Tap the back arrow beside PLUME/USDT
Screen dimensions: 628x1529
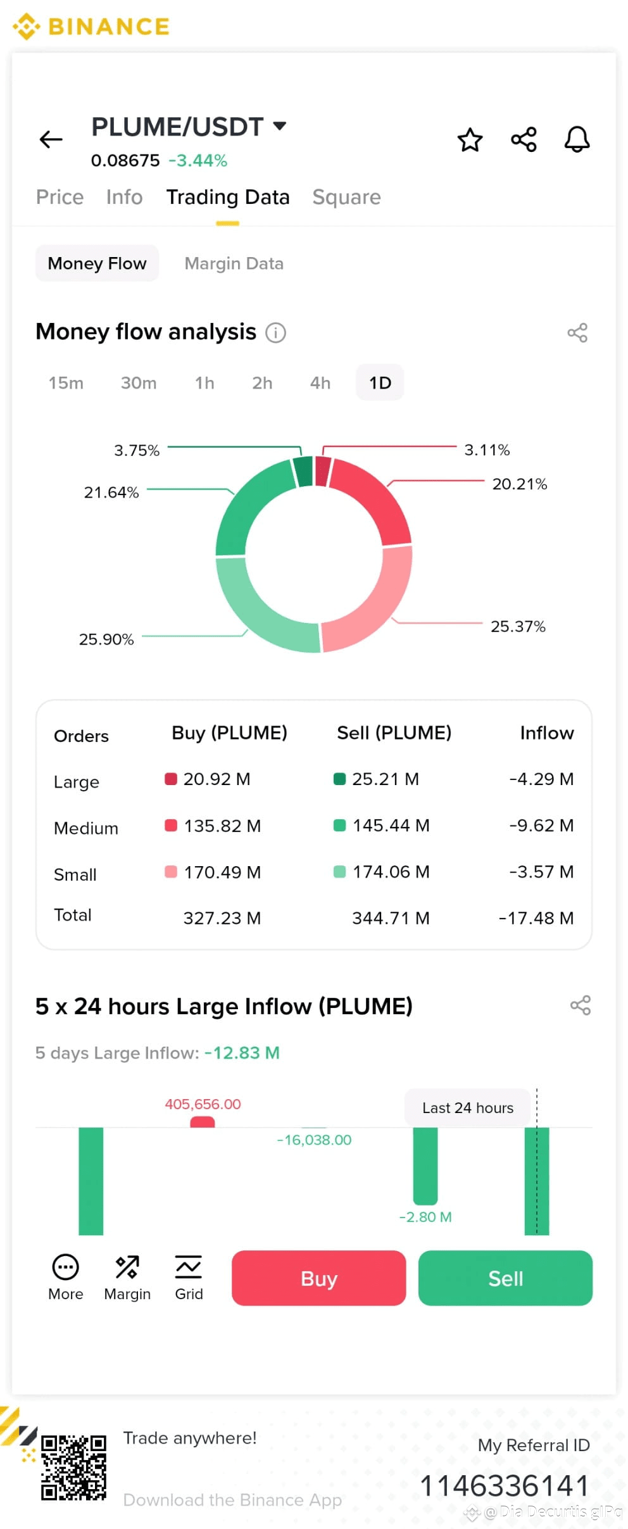[x=51, y=139]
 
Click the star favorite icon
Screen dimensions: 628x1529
[x=470, y=139]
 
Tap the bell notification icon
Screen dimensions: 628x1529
[x=577, y=139]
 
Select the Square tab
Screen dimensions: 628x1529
[x=346, y=197]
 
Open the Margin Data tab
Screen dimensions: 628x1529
[x=234, y=263]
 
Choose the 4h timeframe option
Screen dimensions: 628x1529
[x=320, y=383]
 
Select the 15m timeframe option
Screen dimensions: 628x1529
[x=66, y=383]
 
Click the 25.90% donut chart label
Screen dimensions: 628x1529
[x=106, y=639]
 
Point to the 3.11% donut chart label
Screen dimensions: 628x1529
[x=487, y=450]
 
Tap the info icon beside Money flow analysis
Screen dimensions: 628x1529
[x=275, y=332]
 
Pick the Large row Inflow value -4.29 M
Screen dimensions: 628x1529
[x=541, y=779]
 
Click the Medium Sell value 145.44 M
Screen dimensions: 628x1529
[x=391, y=825]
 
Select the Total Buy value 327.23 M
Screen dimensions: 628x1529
[x=222, y=918]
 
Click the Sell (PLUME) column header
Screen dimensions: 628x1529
[x=394, y=733]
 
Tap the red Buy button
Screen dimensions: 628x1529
[x=318, y=1278]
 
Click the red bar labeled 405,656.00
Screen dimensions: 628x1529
[x=203, y=1122]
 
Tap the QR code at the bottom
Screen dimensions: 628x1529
[x=73, y=1468]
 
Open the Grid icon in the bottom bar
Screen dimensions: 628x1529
[x=189, y=1277]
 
